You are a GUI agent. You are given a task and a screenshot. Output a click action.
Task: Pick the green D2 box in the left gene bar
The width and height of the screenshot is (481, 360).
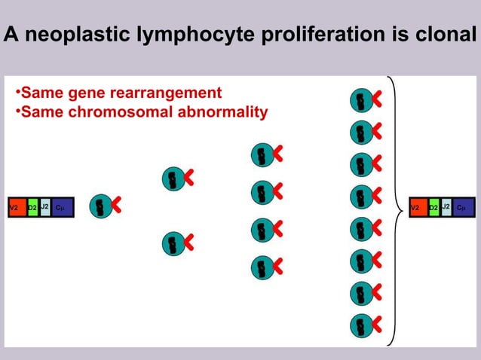32,206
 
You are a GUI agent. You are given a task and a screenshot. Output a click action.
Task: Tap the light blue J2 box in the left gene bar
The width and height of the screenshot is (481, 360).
44,206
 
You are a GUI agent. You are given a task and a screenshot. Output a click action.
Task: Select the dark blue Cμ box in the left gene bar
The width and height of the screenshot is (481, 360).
62,206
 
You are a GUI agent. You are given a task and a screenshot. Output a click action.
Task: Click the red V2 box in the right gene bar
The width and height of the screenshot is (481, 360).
417,206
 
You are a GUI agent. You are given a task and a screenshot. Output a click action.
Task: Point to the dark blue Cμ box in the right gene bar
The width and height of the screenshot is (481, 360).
463,206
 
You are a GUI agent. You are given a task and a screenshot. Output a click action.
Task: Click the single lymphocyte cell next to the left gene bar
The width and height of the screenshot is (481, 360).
100,206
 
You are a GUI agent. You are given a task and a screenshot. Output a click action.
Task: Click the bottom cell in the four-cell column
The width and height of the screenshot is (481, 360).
262,266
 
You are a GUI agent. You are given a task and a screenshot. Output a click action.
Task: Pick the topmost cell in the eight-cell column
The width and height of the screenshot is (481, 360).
361,99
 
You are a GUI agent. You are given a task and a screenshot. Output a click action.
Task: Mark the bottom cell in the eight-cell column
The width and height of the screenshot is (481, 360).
361,325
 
